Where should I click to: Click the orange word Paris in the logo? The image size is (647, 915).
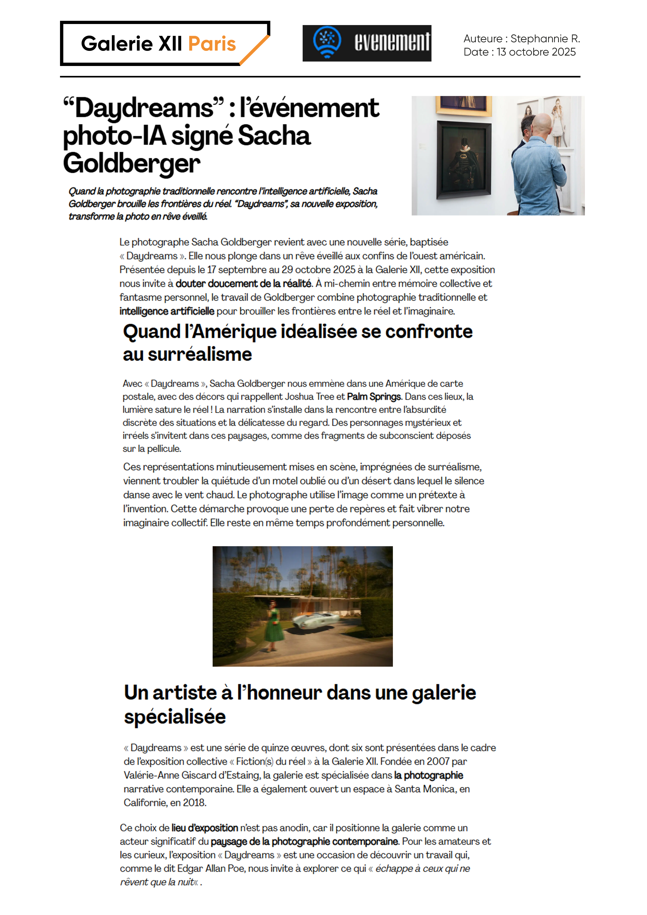212,44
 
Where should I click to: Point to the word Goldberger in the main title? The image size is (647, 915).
131,163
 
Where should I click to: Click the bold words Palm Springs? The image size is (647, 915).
374,396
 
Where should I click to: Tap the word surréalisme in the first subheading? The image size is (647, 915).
200,354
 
